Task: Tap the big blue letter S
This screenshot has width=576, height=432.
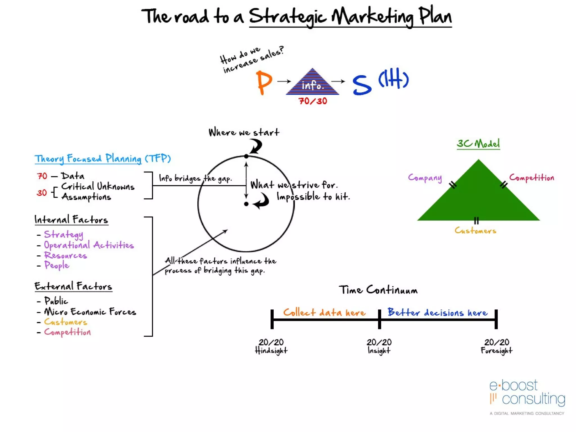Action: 362,85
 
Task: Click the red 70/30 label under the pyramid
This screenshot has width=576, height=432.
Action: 312,101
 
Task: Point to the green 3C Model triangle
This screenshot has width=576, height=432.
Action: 478,197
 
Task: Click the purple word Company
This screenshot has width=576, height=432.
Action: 425,178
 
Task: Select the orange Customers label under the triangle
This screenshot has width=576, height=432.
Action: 475,231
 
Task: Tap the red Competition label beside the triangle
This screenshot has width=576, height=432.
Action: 532,178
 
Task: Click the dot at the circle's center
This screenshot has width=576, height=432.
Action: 246,204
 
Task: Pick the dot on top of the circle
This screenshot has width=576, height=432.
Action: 246,156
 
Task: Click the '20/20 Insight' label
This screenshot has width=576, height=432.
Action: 379,346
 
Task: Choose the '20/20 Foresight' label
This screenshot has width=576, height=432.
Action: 496,346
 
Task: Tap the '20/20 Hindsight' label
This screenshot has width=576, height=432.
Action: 271,346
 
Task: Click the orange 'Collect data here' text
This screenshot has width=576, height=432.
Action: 324,312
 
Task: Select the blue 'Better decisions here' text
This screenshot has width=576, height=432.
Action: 437,312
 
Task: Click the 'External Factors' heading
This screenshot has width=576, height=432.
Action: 73,286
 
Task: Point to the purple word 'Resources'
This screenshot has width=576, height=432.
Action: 66,255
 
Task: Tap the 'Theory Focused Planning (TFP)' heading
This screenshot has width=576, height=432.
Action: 103,159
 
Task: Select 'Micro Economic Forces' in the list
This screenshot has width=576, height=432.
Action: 90,312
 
